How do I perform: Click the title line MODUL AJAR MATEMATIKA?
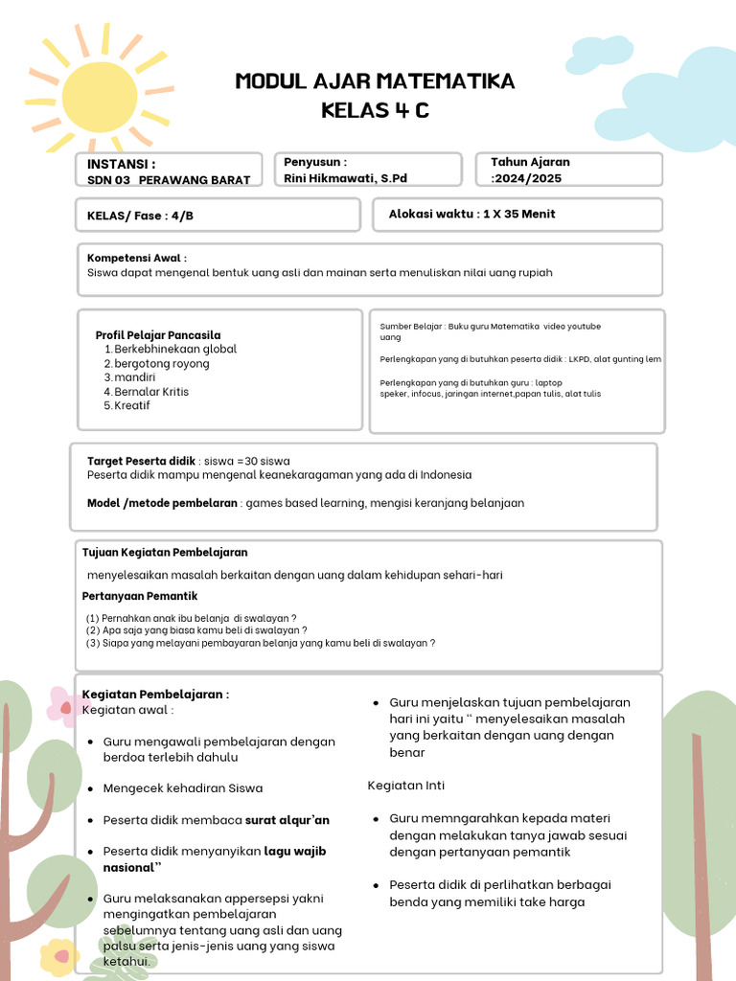click(x=375, y=81)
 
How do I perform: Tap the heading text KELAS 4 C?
click(x=375, y=111)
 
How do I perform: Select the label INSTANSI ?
click(x=121, y=164)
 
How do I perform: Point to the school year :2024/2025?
click(x=527, y=178)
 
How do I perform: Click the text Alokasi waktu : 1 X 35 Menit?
click(x=471, y=214)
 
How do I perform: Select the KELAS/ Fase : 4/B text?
click(x=140, y=216)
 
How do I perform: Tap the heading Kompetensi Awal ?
click(x=137, y=258)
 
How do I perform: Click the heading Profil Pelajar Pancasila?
click(x=158, y=335)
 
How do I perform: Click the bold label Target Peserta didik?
click(x=142, y=461)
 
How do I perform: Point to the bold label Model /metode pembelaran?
click(x=162, y=503)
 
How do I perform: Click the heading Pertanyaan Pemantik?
click(x=140, y=596)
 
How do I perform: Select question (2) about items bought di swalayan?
click(x=196, y=630)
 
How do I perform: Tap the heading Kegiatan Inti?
click(x=406, y=786)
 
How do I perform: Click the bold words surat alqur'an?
click(x=287, y=820)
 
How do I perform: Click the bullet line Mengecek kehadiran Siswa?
click(x=182, y=788)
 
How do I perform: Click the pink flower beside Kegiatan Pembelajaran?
click(x=65, y=708)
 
